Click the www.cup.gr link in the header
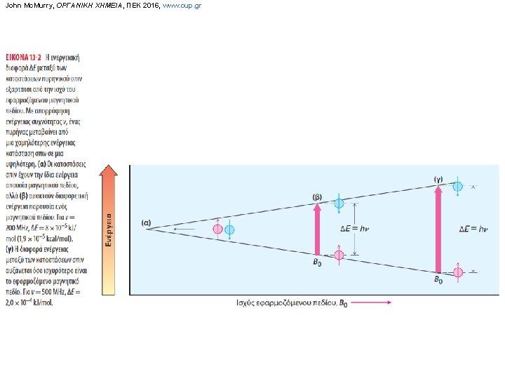pos(182,6)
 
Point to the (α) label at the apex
pos(146,223)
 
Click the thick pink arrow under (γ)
pos(438,229)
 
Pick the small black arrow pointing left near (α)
pos(184,230)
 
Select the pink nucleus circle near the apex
pos(217,229)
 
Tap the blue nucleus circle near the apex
pos(229,230)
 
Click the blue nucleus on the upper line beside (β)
pos(339,204)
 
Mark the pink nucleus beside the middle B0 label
pos(339,255)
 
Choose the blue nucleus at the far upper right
pos(458,186)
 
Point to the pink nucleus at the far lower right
pos(458,272)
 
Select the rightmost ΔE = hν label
pos(473,229)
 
